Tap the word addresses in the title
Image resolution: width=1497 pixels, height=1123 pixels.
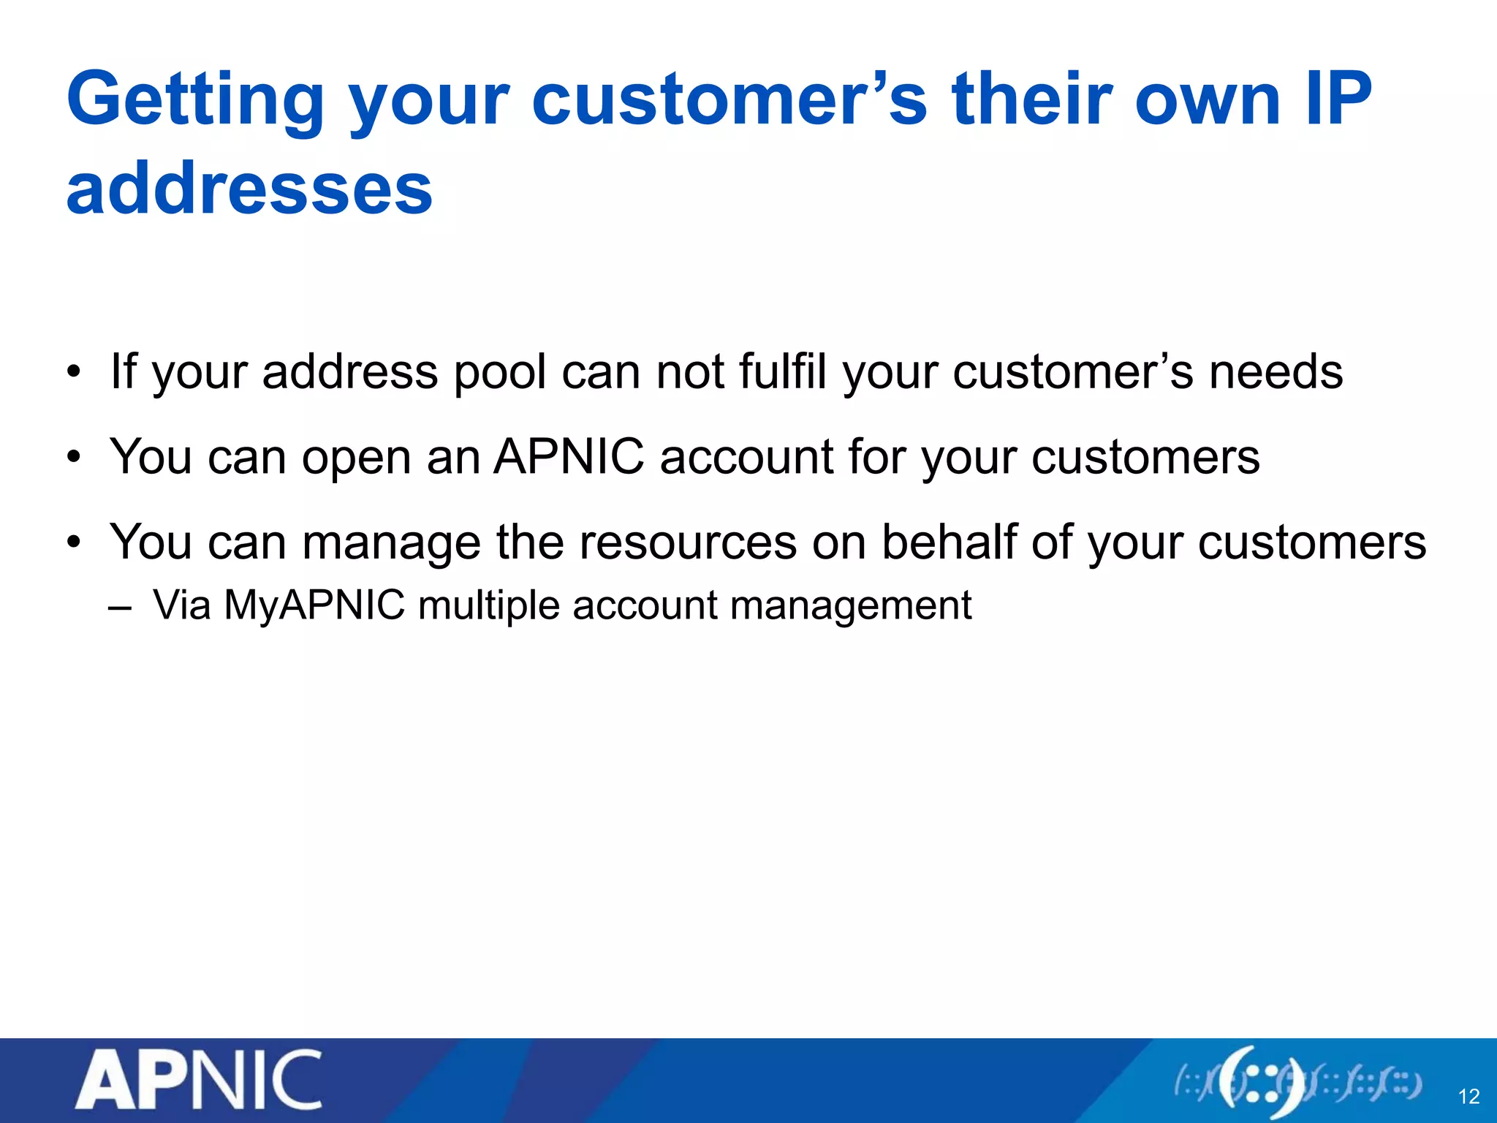[x=249, y=189]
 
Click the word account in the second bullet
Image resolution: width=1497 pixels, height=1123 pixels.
[x=746, y=457]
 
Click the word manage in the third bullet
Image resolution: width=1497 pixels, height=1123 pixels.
[x=391, y=543]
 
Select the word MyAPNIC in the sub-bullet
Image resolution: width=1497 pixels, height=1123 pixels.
[x=314, y=606]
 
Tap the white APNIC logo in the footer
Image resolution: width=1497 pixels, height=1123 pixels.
[x=198, y=1079]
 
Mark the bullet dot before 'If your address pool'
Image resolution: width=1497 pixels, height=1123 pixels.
[x=73, y=372]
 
